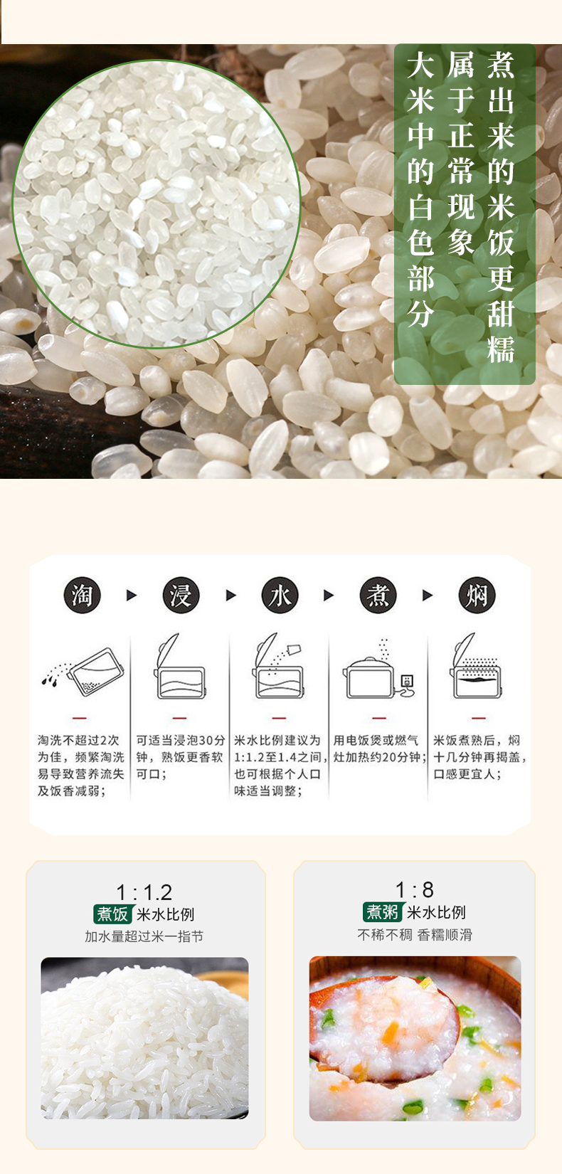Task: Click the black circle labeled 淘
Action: point(82,595)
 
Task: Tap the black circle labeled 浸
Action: point(181,595)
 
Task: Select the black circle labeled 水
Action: point(280,595)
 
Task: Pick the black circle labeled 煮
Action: point(378,595)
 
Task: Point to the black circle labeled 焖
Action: point(477,595)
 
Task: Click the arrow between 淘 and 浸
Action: point(132,596)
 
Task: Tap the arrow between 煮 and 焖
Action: point(428,596)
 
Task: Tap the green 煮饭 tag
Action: point(112,914)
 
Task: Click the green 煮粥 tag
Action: point(383,912)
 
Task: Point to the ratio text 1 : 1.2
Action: point(144,892)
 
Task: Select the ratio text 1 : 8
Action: point(415,890)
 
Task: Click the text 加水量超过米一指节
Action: point(144,936)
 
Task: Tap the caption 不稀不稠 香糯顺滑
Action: point(415,934)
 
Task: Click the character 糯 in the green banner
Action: point(501,349)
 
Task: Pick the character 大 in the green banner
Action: point(420,65)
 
